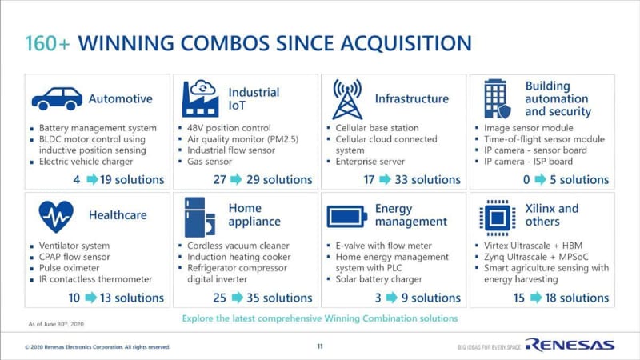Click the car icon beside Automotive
point(57,98)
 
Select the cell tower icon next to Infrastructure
point(347,99)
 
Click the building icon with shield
point(497,98)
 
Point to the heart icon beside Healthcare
point(56,216)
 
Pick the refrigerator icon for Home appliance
point(199,217)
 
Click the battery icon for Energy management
point(346,216)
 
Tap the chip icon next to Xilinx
point(497,218)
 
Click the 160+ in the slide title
point(47,43)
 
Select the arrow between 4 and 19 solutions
point(92,179)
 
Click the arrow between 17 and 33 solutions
point(385,179)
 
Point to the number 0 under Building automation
point(526,179)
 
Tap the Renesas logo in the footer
point(570,345)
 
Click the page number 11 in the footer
point(320,346)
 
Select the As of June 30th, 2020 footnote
point(56,324)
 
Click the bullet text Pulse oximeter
point(69,268)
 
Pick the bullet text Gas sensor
point(210,162)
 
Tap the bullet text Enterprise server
point(370,162)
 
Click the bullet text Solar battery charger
point(378,279)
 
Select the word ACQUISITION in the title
point(406,43)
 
